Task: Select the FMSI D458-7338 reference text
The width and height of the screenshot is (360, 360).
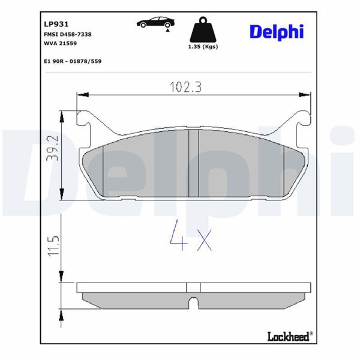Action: [67, 35]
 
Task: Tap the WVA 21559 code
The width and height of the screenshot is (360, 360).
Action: [60, 44]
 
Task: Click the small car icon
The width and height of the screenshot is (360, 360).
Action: [154, 23]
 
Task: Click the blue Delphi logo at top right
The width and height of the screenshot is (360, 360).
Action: [276, 31]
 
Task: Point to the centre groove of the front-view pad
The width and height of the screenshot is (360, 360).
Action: [193, 163]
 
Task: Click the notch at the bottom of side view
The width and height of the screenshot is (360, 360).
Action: [193, 301]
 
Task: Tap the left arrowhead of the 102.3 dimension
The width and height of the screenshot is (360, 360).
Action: [83, 95]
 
